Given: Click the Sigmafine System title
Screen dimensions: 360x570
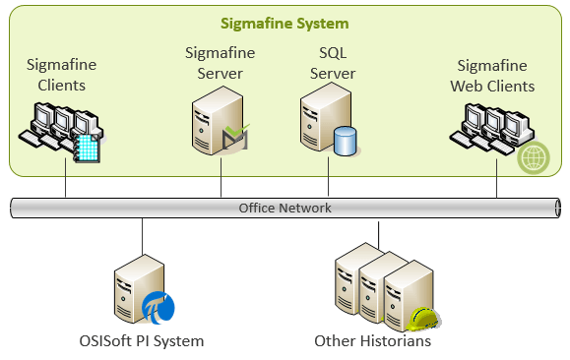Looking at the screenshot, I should (285, 23).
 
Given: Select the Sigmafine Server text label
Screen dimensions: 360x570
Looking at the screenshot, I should (221, 64).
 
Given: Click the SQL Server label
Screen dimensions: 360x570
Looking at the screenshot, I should (333, 64).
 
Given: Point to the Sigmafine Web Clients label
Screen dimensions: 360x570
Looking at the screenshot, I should (496, 76).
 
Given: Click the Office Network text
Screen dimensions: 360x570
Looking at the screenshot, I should (285, 208).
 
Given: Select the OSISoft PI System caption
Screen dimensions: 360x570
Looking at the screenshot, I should (143, 341).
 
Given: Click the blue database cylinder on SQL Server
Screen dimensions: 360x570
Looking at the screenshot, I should (345, 142).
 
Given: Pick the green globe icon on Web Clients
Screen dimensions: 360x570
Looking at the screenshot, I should (533, 157).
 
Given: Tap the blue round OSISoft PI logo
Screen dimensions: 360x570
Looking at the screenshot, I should (158, 307).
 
